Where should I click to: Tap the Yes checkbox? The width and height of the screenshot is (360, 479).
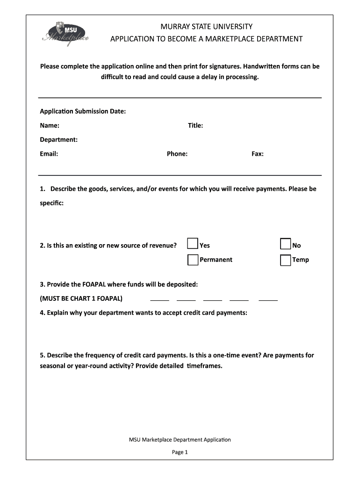(x=192, y=244)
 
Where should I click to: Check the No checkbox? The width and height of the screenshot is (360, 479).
(x=286, y=244)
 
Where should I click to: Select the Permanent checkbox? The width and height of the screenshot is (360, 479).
(x=193, y=260)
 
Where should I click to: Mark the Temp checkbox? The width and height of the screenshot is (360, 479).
(x=286, y=260)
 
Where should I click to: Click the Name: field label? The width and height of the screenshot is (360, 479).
(x=49, y=125)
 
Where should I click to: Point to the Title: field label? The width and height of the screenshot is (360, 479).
(x=195, y=125)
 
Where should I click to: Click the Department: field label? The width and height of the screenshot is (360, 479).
(x=58, y=139)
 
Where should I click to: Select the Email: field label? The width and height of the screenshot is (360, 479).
(x=49, y=153)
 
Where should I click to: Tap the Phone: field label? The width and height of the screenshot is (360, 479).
(x=177, y=153)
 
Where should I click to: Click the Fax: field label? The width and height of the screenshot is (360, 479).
(x=258, y=153)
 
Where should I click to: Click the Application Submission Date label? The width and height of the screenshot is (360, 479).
(x=83, y=111)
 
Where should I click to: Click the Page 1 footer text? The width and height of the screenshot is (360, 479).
(x=180, y=452)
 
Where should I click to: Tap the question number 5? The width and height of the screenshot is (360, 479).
(x=42, y=356)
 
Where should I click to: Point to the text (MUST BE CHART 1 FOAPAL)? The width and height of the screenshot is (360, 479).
(x=81, y=298)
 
